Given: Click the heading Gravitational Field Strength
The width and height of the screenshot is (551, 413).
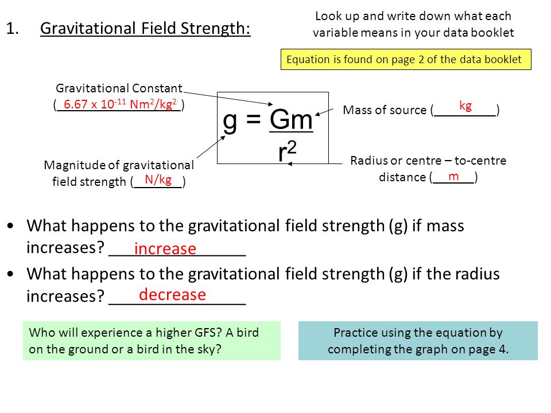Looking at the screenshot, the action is [x=145, y=28].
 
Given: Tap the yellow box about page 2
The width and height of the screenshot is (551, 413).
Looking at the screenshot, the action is [x=406, y=59].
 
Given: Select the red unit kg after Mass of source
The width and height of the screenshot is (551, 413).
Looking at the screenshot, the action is [x=465, y=106].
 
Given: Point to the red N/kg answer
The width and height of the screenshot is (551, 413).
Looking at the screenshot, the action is [x=158, y=180].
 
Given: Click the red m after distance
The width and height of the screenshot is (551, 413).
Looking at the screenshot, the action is [x=453, y=176].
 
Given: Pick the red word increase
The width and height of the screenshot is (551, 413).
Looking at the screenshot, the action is [x=165, y=248].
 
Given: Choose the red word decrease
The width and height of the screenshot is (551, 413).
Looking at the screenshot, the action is [x=172, y=294].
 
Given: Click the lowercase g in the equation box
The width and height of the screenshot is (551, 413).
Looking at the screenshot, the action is [x=230, y=122].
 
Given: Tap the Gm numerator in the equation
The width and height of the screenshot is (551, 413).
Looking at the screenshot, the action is [x=291, y=119].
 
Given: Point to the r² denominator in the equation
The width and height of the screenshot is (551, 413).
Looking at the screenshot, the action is [x=288, y=151].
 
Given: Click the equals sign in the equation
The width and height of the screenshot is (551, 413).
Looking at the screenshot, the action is [x=253, y=119].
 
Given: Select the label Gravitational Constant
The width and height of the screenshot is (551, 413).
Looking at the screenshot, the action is [x=119, y=88].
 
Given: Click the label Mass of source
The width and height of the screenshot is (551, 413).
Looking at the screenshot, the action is [x=385, y=110].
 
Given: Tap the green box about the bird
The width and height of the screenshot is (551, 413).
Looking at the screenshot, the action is [x=152, y=341].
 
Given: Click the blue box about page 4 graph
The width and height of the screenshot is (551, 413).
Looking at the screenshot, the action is [x=418, y=341].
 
